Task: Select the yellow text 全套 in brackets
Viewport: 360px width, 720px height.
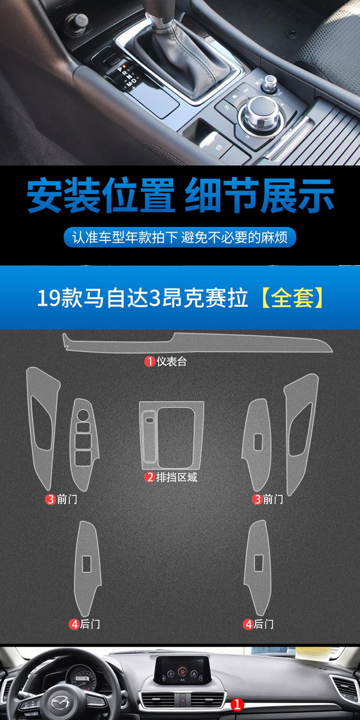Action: tap(292, 297)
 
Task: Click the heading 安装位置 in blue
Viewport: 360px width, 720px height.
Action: tap(101, 195)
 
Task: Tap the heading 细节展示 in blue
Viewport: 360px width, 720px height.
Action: tap(259, 195)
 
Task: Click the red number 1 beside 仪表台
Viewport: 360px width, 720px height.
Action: tap(150, 361)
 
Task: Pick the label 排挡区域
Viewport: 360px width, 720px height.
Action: tap(177, 477)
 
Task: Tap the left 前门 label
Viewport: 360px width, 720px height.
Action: tap(67, 499)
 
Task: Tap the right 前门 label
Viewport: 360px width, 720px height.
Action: tap(273, 499)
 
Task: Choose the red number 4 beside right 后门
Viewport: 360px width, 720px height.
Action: tap(249, 624)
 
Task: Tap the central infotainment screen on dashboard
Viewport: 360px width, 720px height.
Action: tap(182, 667)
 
